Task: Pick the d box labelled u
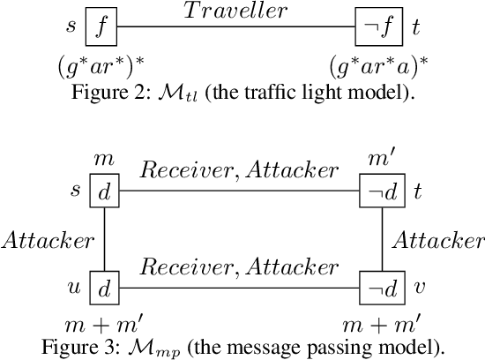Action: tap(104, 288)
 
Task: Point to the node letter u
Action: tap(74, 288)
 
